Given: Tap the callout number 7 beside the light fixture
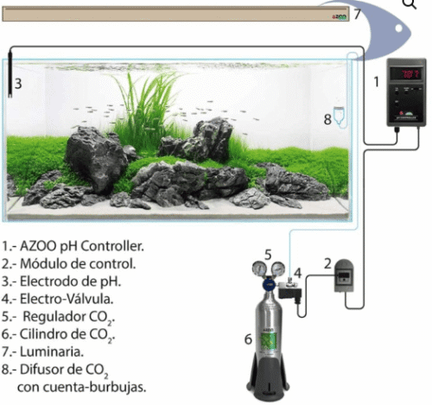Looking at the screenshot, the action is [357, 14].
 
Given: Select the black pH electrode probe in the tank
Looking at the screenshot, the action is [10, 74].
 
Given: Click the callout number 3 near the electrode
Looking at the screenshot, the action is [18, 84].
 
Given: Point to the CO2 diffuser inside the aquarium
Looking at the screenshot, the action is [340, 116].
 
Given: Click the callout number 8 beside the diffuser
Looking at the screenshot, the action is [327, 119].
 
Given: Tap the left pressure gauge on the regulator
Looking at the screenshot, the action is [259, 269].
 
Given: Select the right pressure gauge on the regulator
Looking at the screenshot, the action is [278, 269].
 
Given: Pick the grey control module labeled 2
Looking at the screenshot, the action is [344, 275].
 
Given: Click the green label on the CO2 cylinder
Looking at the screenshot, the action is [269, 341].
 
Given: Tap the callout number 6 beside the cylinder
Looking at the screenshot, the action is [248, 339].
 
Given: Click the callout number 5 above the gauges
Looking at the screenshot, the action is [268, 255].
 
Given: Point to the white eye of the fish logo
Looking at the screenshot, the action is [399, 28].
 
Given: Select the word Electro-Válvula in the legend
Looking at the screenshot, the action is [67, 299].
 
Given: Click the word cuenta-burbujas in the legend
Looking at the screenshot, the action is [101, 388].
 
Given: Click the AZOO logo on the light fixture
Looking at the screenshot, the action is [340, 17].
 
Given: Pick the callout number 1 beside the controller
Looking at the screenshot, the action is [377, 82].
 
